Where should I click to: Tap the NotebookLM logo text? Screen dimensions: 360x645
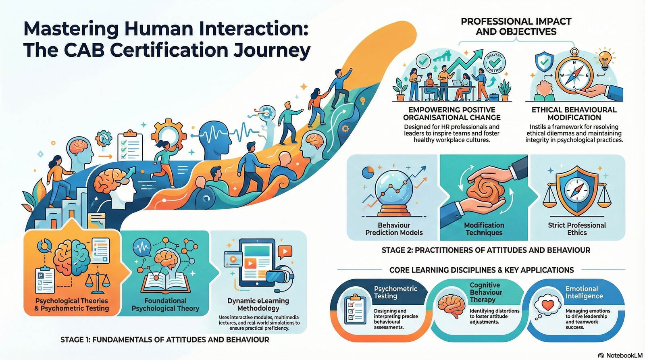click(622, 355)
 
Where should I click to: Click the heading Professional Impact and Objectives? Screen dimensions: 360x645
click(516, 26)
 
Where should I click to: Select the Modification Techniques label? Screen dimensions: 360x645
click(484, 229)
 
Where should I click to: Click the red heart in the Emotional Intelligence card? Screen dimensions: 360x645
click(548, 305)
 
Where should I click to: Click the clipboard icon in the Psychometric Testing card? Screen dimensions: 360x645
click(355, 309)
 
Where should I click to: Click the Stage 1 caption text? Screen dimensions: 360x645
click(164, 340)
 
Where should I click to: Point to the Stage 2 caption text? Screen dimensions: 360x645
click(486, 250)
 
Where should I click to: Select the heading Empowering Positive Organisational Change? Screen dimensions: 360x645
click(451, 114)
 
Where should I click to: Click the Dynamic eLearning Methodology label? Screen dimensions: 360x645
click(258, 304)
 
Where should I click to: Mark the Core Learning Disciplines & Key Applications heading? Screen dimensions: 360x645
click(481, 270)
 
